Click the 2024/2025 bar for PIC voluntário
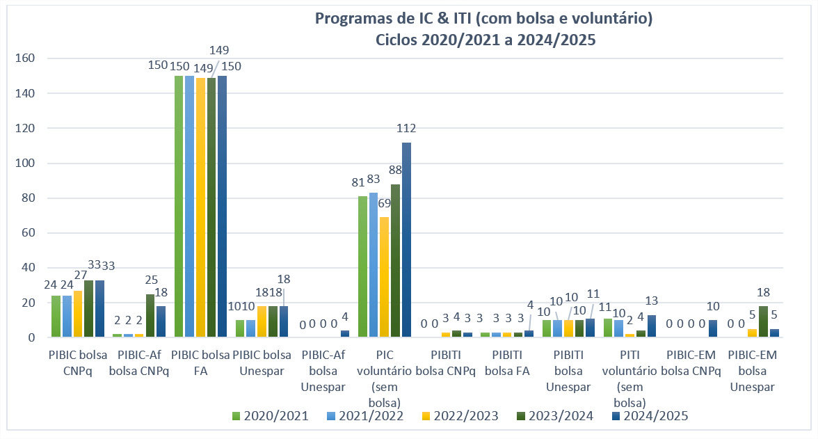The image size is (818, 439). point(406,240)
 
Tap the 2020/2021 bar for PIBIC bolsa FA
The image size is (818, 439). point(179,207)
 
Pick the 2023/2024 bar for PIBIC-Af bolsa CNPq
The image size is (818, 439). point(150,316)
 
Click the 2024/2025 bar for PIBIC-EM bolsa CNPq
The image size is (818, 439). point(713,329)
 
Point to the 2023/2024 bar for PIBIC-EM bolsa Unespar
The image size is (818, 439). point(763,322)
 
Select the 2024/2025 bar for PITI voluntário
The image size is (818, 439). point(652,326)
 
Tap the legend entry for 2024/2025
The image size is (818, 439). point(653,416)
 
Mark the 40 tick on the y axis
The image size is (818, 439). point(29,268)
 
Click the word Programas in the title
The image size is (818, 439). point(352,19)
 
